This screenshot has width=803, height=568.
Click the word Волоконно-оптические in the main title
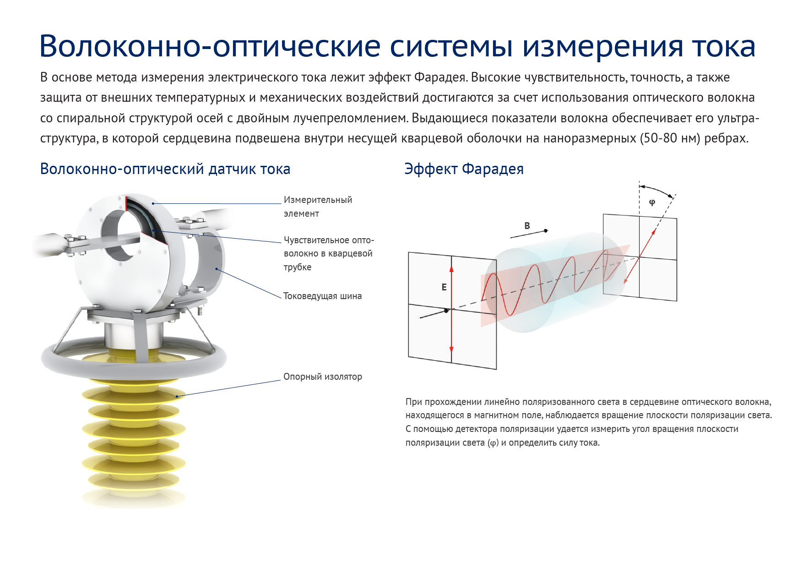coord(210,46)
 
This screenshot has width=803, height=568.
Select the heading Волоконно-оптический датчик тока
coord(165,169)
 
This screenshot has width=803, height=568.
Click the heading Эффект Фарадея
coord(464,169)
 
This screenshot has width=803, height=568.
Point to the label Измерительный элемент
coord(318,207)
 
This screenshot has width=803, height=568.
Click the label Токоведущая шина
coord(322,296)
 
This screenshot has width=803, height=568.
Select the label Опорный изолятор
coord(322,377)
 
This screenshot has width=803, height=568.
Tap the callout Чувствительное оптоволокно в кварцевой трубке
coord(329,253)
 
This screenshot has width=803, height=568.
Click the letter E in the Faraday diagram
coord(444,287)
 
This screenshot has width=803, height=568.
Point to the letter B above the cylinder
coord(527,226)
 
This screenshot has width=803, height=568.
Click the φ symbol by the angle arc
coord(652,202)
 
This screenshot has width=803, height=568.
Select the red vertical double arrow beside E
coord(451,309)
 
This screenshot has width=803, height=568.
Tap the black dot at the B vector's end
coord(546,231)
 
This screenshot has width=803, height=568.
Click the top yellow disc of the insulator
coord(134,381)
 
